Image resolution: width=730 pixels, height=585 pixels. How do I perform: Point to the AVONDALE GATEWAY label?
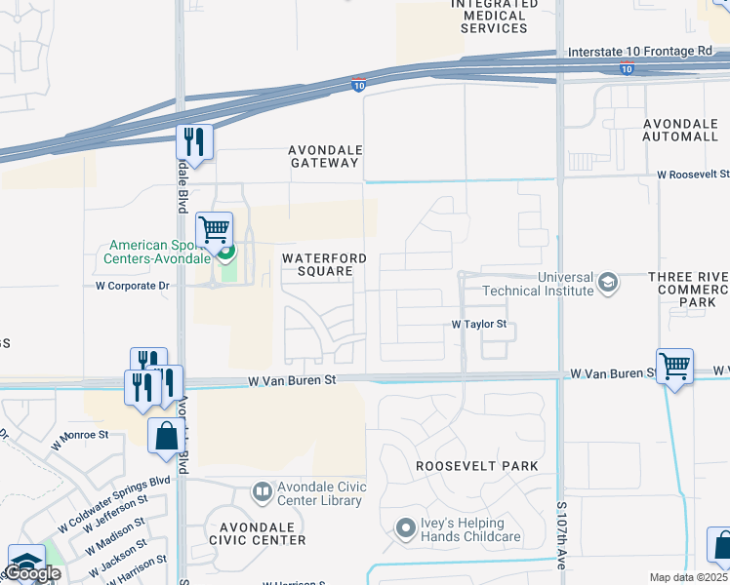pos(324,157)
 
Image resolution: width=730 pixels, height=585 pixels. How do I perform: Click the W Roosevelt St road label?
pos(693,174)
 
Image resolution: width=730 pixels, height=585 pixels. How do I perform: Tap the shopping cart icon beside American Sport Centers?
pos(214,230)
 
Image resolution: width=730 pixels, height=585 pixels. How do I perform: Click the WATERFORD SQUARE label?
pos(324,265)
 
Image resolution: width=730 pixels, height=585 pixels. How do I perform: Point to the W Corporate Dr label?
pos(133,287)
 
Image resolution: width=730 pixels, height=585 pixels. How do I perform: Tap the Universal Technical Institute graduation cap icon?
pos(609,283)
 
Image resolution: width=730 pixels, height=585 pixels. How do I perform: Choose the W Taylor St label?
pos(479,324)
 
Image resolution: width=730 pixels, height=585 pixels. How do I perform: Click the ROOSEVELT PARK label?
pos(476,466)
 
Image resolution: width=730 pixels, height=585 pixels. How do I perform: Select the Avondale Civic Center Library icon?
pos(262,491)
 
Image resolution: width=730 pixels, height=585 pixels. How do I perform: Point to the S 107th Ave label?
pos(562,536)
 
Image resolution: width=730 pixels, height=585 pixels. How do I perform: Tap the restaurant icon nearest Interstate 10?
pos(194,142)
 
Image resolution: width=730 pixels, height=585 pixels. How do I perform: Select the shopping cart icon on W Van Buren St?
pos(674,367)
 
